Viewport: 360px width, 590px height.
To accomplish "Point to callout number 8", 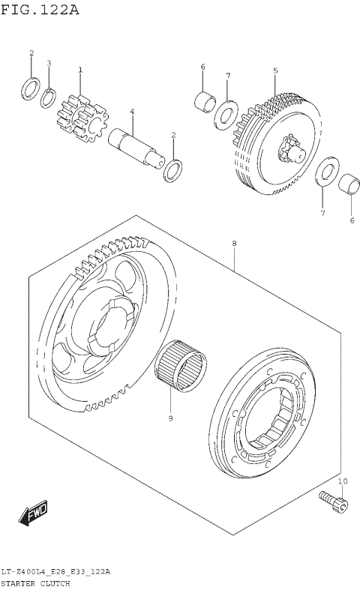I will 234,244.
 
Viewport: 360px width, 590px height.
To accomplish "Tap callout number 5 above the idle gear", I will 275,70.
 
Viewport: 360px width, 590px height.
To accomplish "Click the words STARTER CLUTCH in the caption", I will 35,583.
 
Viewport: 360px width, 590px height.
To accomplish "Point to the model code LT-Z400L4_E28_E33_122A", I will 55,571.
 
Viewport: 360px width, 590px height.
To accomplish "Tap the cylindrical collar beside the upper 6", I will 205,100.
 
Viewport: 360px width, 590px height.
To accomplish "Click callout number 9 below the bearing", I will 170,418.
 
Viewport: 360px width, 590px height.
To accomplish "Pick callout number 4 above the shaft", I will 131,112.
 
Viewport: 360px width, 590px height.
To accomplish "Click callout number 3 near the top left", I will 49,63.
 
